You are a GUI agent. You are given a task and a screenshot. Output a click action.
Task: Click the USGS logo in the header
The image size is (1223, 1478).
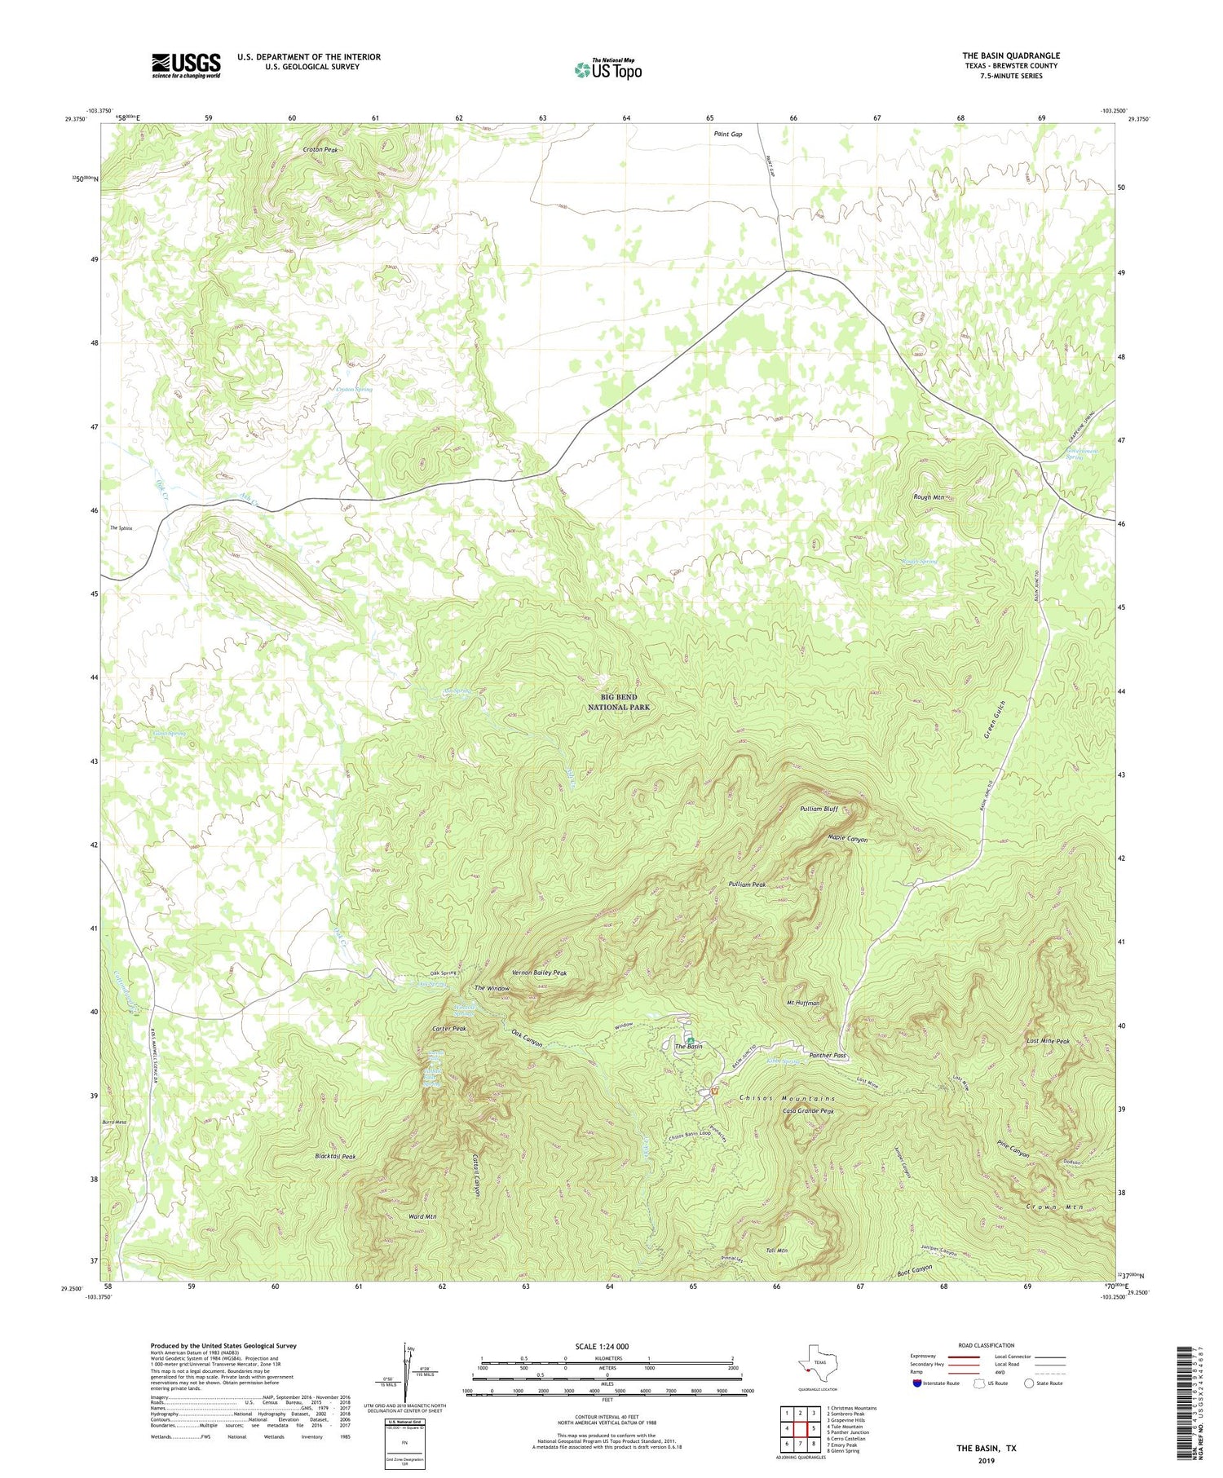click(x=186, y=65)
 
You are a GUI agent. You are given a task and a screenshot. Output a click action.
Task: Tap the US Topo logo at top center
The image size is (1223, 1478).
click(x=607, y=69)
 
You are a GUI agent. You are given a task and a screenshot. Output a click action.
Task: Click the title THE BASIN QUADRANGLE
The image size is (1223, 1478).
click(x=1010, y=55)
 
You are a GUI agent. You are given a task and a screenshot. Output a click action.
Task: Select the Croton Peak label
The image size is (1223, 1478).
click(x=320, y=150)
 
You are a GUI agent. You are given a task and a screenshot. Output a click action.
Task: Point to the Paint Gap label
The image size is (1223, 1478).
click(x=727, y=134)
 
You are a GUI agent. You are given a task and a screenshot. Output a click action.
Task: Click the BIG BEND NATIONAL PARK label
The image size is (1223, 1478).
click(x=619, y=702)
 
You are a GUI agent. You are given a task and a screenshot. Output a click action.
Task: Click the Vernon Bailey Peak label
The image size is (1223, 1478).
click(x=539, y=973)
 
